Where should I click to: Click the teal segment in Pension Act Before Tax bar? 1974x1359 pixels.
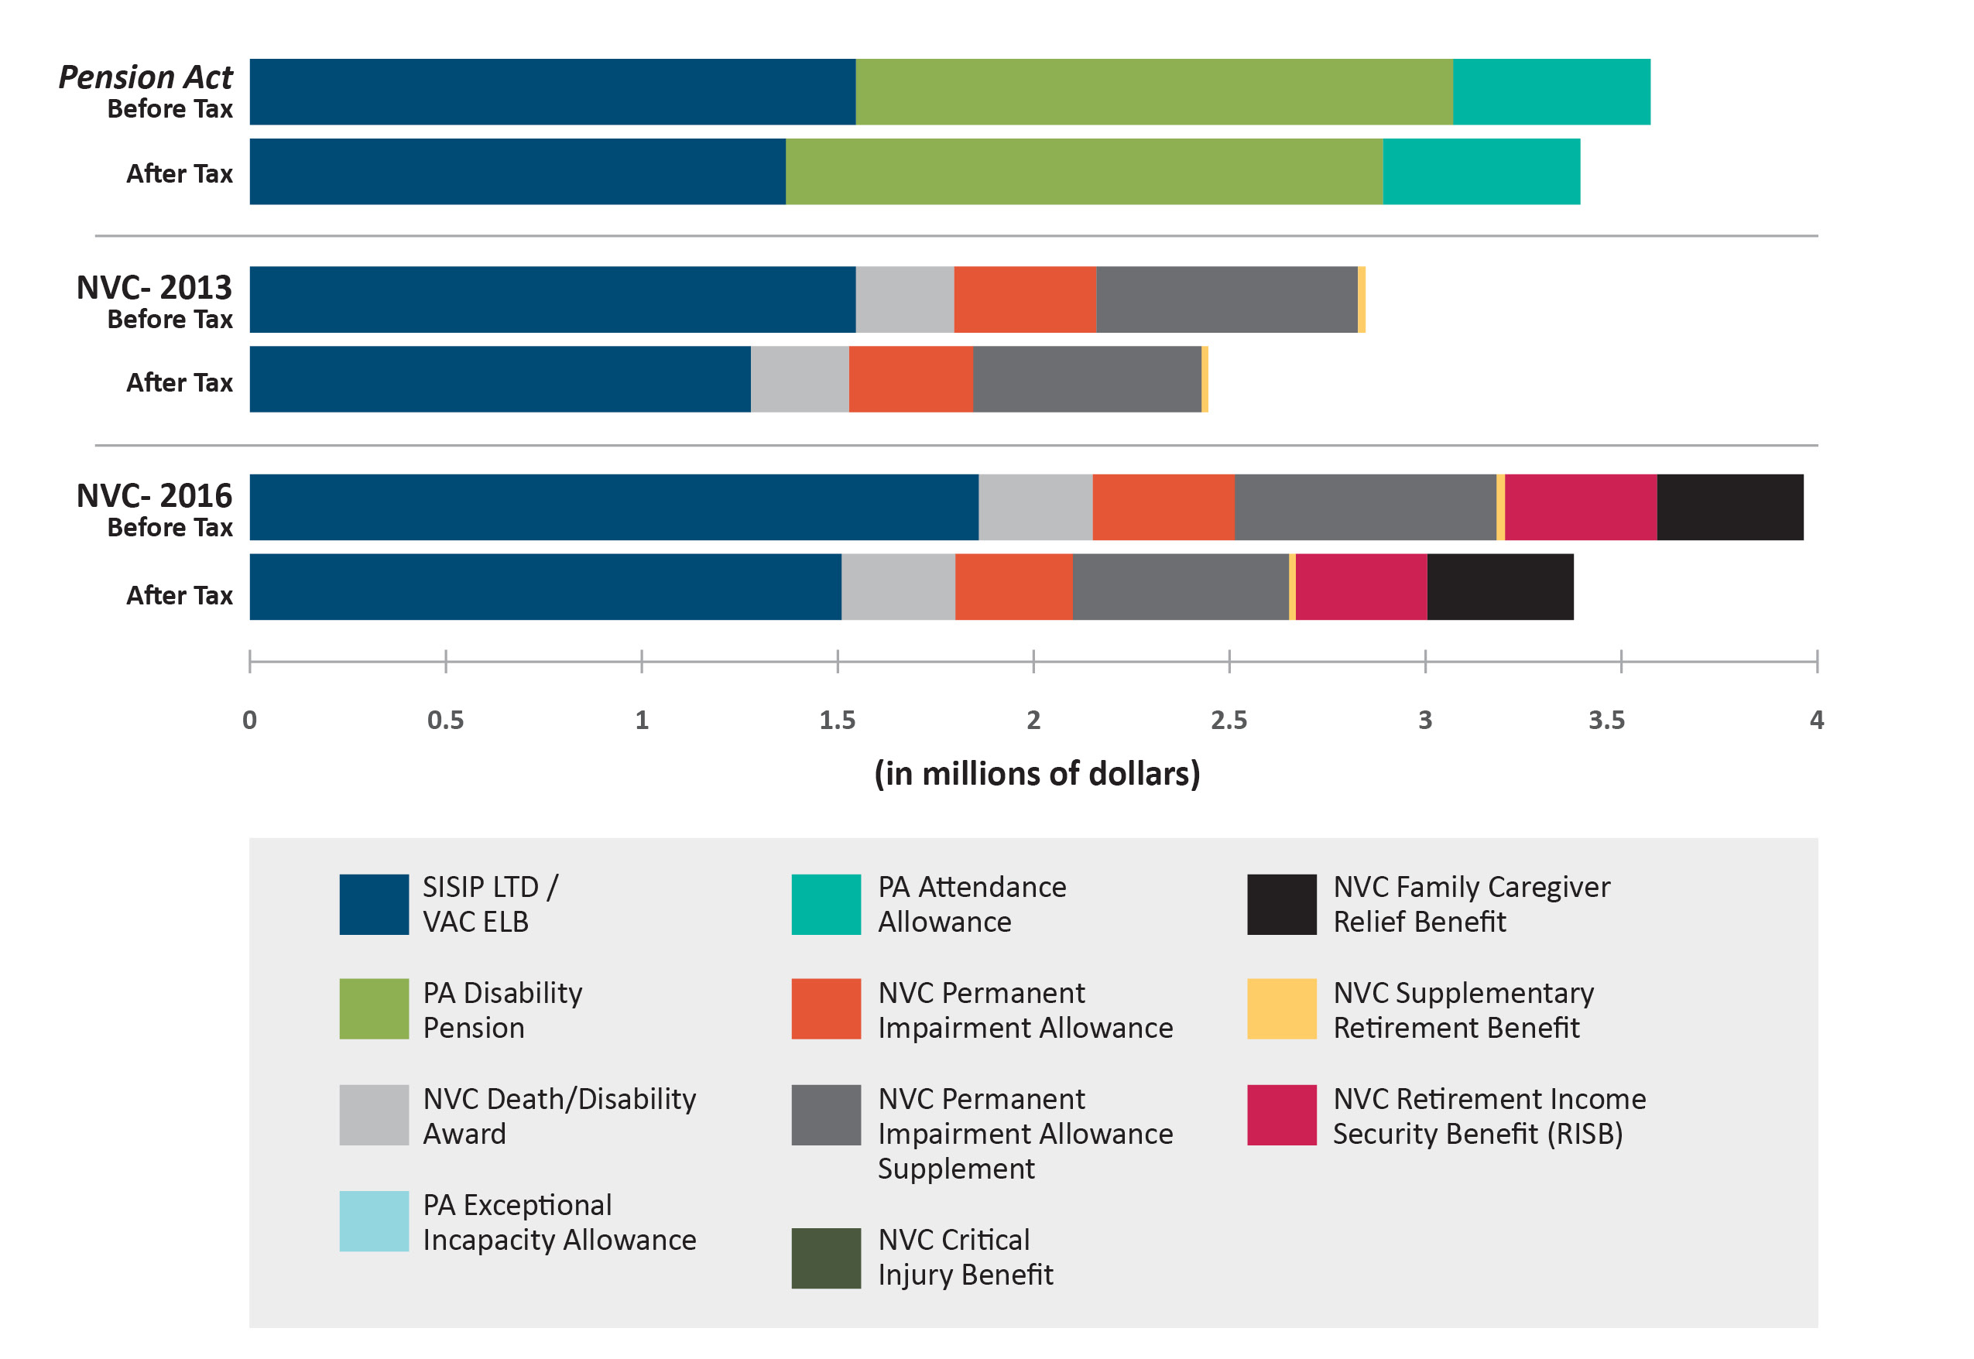pos(1551,92)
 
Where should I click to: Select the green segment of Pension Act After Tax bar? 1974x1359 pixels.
pos(1083,172)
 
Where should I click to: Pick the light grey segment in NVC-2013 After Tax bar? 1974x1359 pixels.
pos(800,379)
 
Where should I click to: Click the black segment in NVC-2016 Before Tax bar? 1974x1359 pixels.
pos(1729,508)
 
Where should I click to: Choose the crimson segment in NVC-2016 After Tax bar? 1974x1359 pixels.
pos(1361,587)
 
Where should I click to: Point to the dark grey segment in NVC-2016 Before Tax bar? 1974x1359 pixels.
pos(1364,508)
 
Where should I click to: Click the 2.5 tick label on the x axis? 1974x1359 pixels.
pos(1229,721)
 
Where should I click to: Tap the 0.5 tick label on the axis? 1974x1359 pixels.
pos(445,721)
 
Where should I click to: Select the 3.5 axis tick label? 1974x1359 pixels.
pos(1606,721)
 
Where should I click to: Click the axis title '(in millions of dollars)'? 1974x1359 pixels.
pos(1037,773)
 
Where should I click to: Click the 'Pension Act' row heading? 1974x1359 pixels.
pos(146,77)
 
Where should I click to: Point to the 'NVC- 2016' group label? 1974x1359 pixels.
pos(154,495)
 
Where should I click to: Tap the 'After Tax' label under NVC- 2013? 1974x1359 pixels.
pos(180,383)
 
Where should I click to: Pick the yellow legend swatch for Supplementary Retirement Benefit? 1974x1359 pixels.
pos(1281,1009)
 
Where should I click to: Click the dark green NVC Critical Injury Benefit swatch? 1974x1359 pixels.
pos(825,1258)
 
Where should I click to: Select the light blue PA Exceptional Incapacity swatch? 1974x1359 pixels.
pos(374,1221)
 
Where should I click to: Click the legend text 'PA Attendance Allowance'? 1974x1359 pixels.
pos(972,904)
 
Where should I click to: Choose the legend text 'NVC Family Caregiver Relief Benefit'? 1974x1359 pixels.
pos(1471,904)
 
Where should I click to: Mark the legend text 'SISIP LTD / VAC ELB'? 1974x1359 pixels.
pos(491,904)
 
